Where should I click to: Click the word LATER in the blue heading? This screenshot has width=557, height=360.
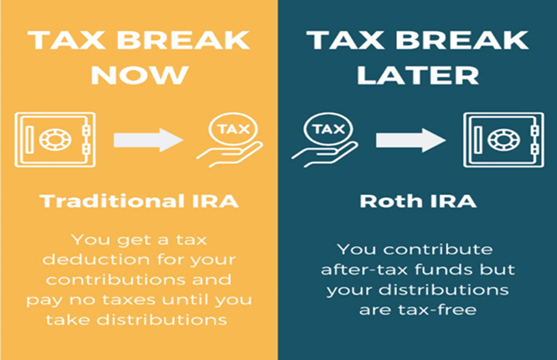coord(415,75)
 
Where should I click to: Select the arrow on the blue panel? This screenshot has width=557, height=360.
coord(410,139)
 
